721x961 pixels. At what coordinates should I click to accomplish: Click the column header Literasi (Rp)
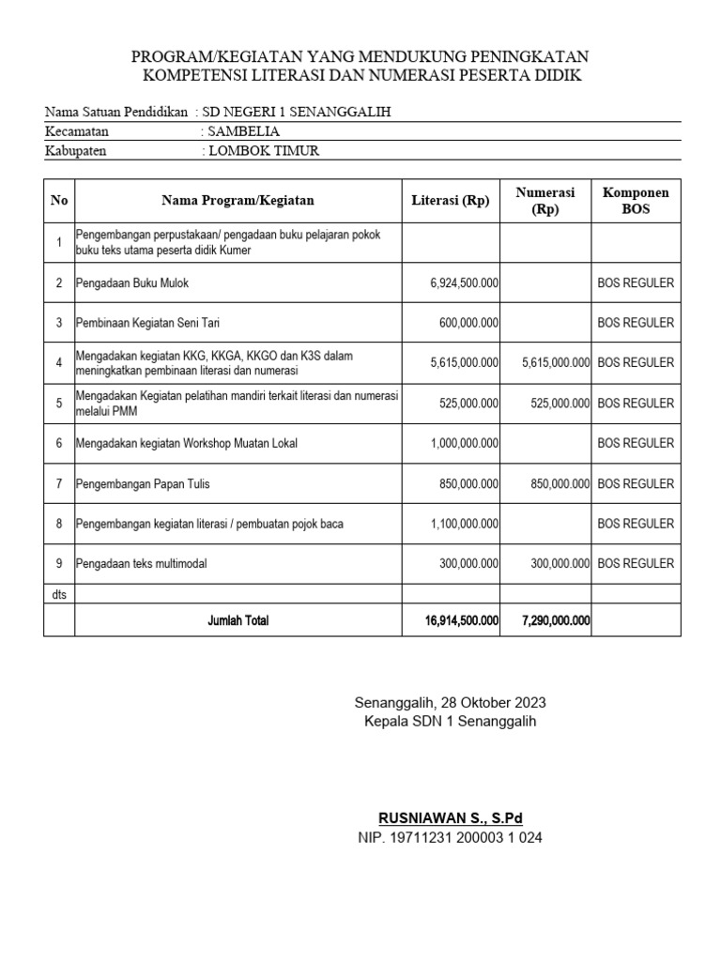point(451,200)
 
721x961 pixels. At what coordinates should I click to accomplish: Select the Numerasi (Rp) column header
point(545,200)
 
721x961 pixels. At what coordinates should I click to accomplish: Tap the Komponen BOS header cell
point(636,200)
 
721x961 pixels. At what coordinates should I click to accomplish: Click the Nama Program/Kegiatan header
point(238,200)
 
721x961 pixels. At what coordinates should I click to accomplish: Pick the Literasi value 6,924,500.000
point(464,282)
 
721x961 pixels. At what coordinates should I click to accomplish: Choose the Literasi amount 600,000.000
point(468,323)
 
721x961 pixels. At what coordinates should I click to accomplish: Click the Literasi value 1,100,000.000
point(464,524)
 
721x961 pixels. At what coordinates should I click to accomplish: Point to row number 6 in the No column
point(59,444)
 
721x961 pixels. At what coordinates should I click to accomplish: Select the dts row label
point(57,593)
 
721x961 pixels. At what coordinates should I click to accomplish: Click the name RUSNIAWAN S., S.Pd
point(450,817)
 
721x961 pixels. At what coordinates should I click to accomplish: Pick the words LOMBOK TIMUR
point(263,150)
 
